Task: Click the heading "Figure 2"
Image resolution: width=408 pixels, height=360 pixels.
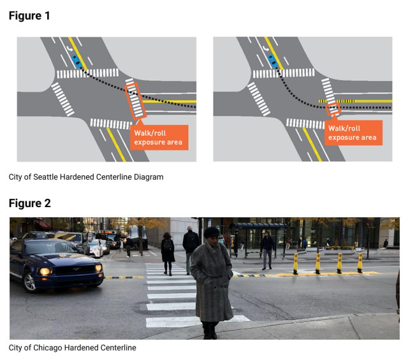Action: click(29, 203)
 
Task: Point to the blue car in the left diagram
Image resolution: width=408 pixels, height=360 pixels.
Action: click(77, 61)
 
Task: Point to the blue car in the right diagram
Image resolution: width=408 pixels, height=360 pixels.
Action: click(273, 61)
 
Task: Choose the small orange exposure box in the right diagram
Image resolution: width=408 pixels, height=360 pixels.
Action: click(332, 110)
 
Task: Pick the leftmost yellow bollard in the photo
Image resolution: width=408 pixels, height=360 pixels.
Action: click(296, 263)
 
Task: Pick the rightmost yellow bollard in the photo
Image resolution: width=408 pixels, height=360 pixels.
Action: click(360, 262)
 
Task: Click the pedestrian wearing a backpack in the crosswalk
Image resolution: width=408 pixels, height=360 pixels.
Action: click(168, 252)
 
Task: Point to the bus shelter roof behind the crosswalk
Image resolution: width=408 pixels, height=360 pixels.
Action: click(258, 226)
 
